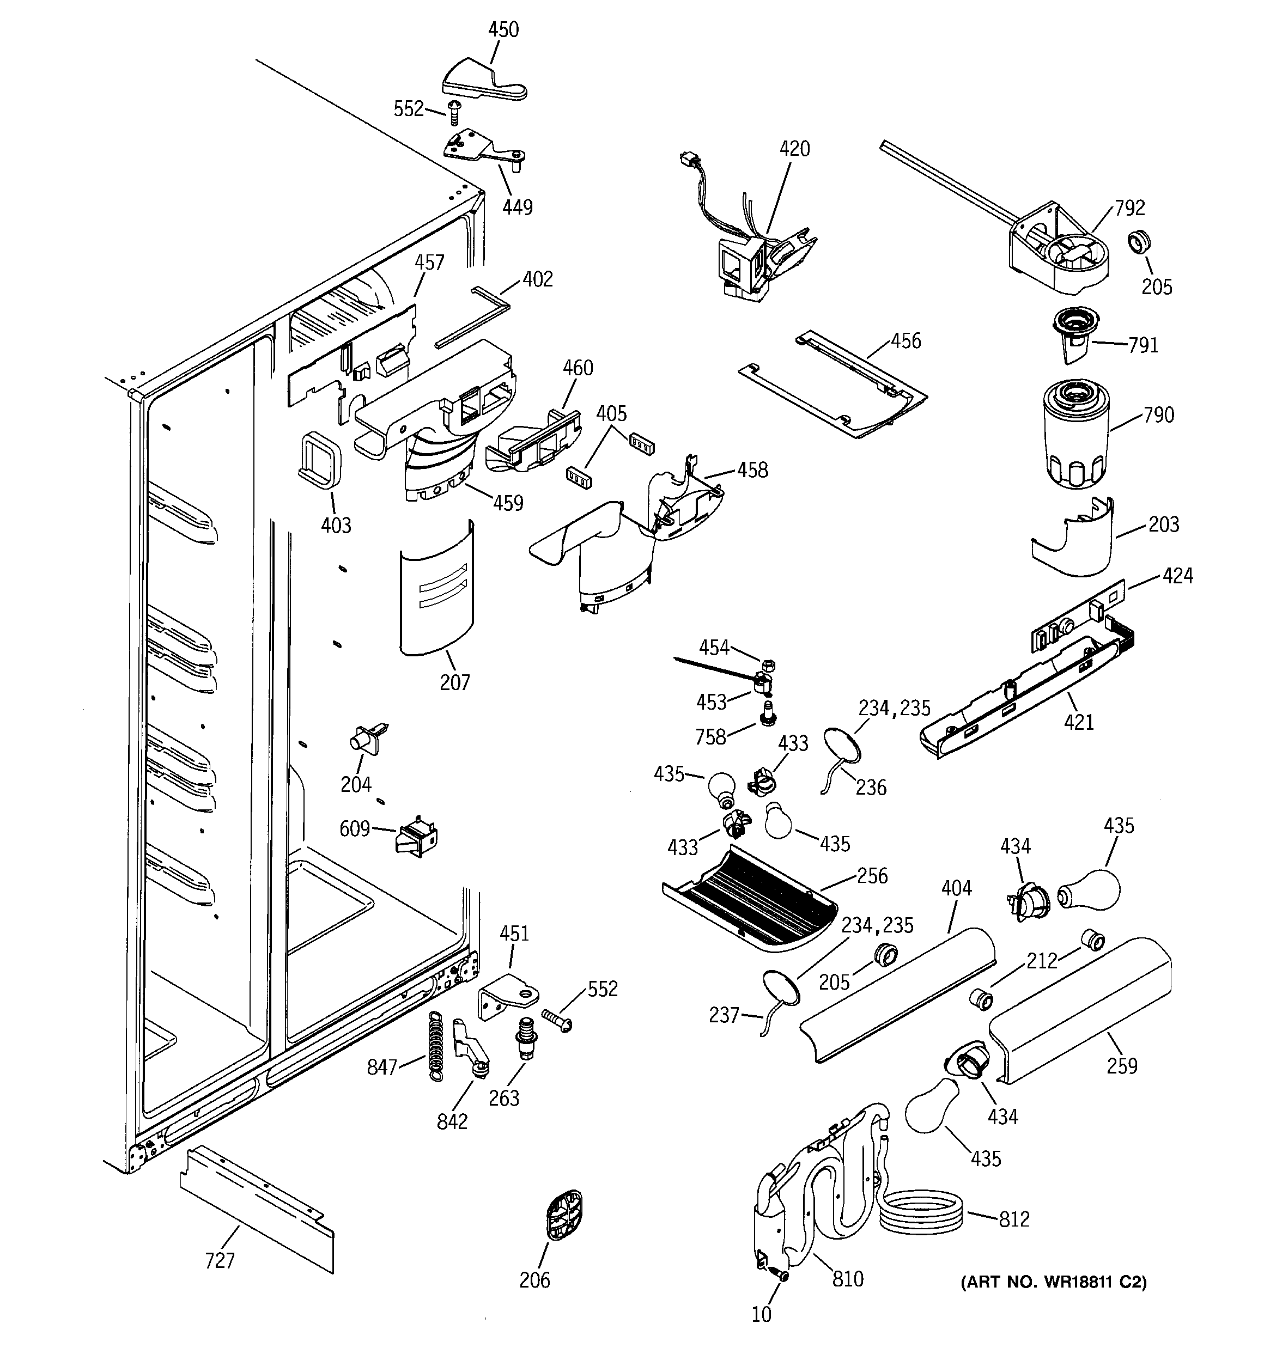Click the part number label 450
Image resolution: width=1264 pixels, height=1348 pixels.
click(503, 30)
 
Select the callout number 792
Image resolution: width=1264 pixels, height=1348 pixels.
click(1129, 208)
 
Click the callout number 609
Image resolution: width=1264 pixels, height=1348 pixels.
click(354, 828)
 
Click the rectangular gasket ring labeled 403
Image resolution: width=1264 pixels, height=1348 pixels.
click(319, 459)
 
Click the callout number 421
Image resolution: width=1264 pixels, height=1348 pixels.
click(1078, 722)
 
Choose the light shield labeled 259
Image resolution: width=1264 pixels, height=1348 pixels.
click(1081, 1011)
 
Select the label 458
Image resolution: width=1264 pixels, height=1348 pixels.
click(752, 470)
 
